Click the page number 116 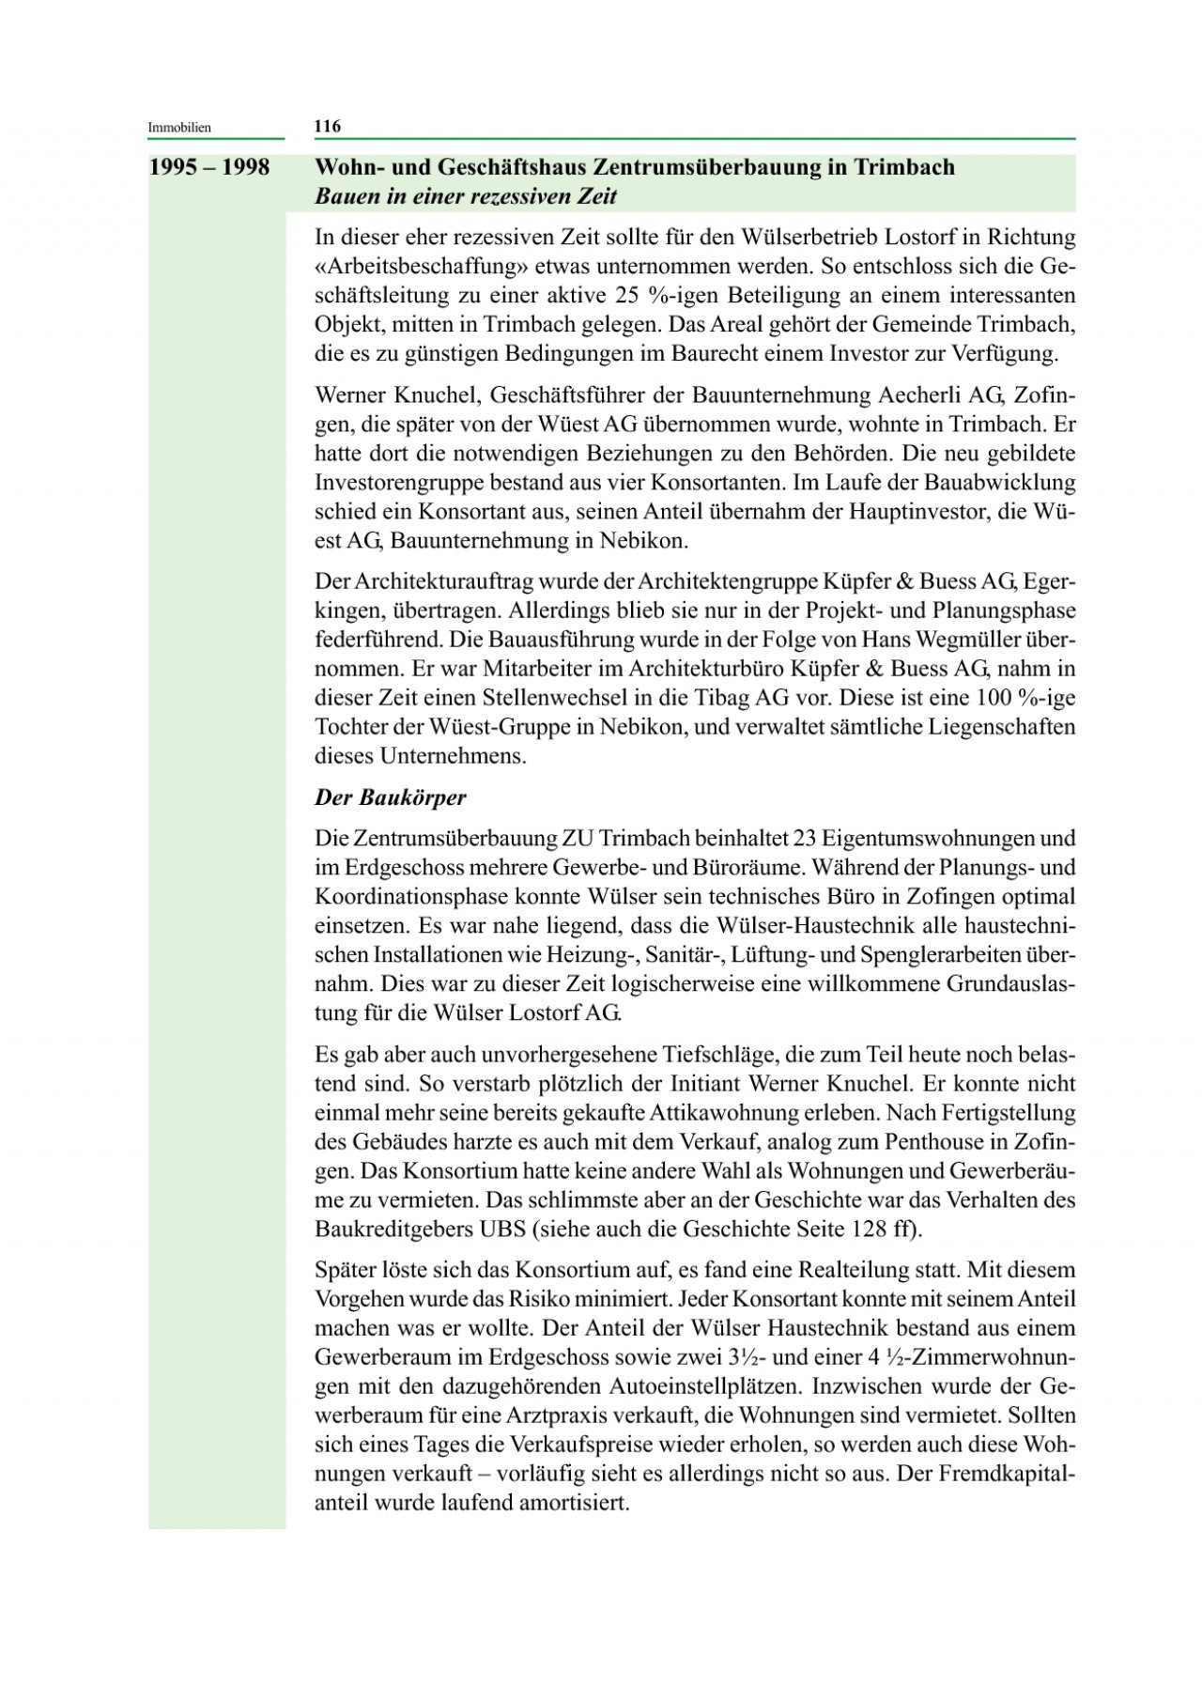point(327,126)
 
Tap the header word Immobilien point(179,127)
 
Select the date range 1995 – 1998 point(209,167)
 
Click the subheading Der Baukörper point(390,797)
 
